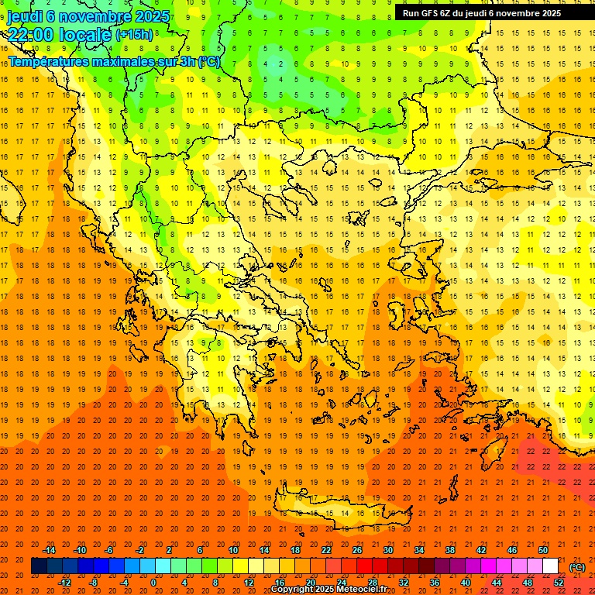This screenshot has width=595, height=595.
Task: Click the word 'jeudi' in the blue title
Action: coord(25,16)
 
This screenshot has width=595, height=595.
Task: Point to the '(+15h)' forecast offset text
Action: coord(134,35)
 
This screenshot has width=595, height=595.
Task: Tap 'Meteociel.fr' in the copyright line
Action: coord(362,589)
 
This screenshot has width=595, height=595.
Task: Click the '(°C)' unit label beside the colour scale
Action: coord(577,566)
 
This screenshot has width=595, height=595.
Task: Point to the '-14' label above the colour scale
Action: coord(50,550)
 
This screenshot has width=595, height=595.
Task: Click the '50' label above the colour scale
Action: coord(543,550)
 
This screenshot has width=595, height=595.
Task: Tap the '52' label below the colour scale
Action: coord(559,583)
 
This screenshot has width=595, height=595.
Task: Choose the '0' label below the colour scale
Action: coord(153,583)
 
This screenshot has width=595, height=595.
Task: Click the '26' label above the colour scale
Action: coord(357,550)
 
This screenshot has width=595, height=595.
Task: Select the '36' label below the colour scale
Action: coord(435,583)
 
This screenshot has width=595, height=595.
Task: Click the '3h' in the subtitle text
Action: coord(187,61)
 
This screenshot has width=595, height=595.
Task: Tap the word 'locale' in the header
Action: coord(84,35)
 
